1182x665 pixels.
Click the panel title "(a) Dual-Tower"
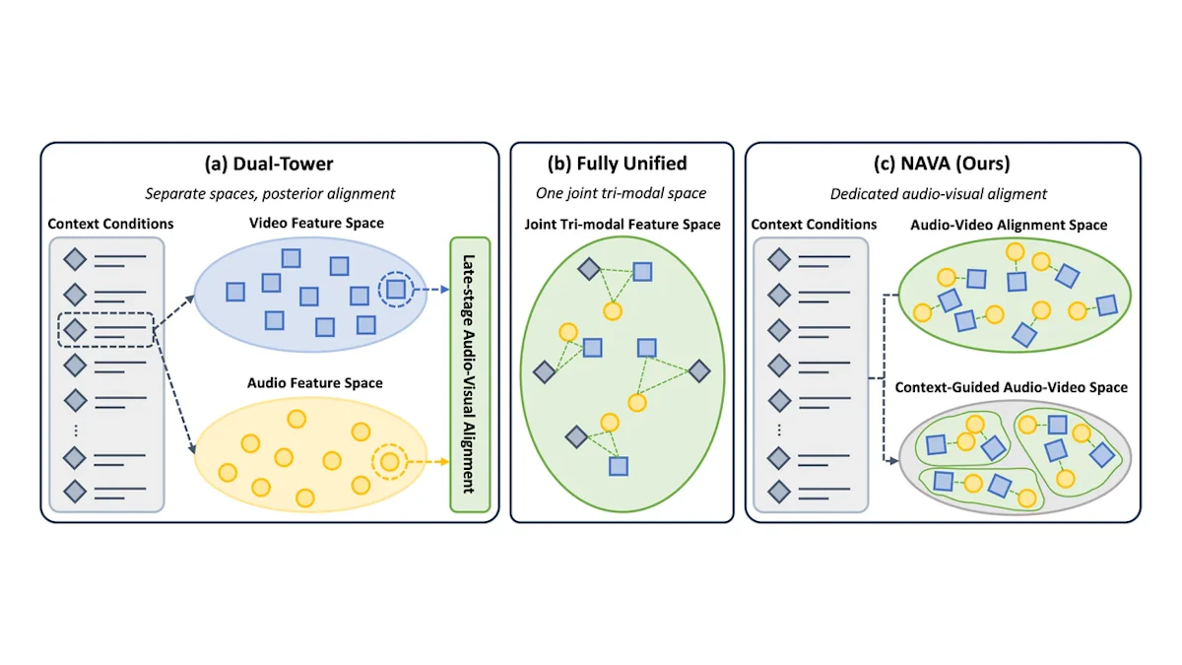[x=269, y=164]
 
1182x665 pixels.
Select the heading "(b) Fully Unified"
[x=617, y=164]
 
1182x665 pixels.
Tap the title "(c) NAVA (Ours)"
[x=942, y=164]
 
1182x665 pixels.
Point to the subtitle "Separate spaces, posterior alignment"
[x=270, y=194]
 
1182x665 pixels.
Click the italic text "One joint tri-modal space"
[x=622, y=193]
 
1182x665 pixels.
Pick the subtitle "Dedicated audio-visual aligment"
[x=939, y=194]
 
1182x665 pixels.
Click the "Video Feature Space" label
[x=316, y=223]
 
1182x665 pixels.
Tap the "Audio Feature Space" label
[x=315, y=382]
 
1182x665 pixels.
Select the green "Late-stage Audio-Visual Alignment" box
[x=470, y=374]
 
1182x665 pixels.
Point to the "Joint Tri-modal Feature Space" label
[x=623, y=225]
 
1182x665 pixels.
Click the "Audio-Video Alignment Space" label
[x=1009, y=225]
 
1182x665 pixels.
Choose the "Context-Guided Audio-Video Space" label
[x=1012, y=387]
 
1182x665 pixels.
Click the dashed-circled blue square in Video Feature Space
[x=396, y=290]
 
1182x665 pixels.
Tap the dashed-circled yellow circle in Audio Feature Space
[x=389, y=462]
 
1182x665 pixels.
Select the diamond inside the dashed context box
[x=75, y=330]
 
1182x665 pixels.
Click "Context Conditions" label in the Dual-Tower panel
[x=110, y=224]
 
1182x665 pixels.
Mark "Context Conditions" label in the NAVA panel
[x=814, y=225]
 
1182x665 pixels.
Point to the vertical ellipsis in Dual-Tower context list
[x=76, y=431]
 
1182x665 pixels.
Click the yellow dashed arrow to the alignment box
[x=427, y=462]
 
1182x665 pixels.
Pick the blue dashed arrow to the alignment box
[x=431, y=290]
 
